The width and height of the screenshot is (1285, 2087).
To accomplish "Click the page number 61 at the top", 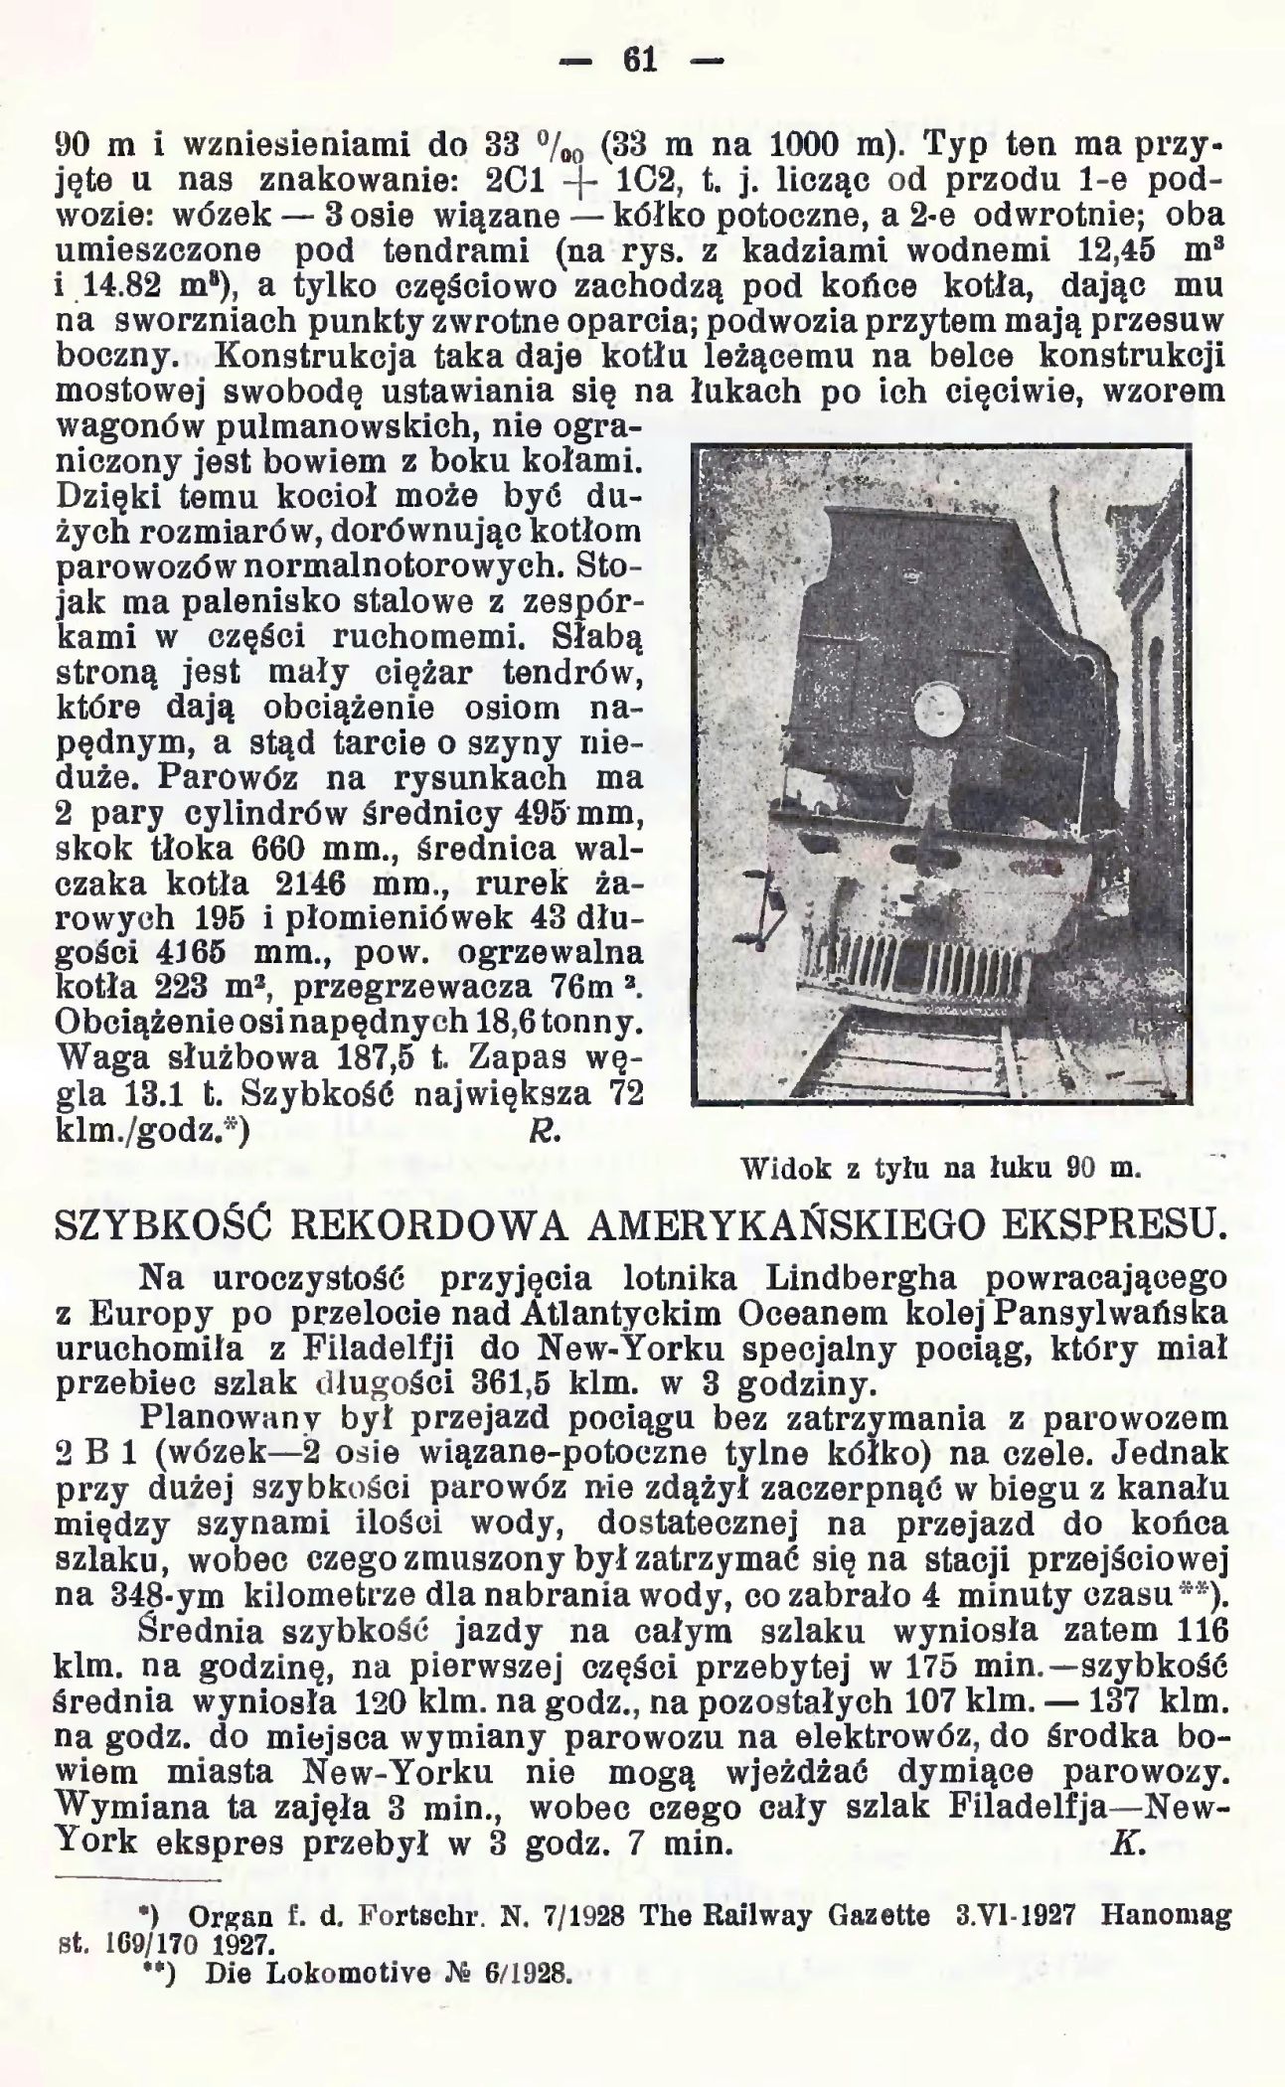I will pyautogui.click(x=641, y=62).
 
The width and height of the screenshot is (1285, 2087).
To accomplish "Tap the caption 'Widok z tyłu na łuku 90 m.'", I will pyautogui.click(x=937, y=1170).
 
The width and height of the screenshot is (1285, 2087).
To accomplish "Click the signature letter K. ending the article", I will pyautogui.click(x=1123, y=1844).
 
